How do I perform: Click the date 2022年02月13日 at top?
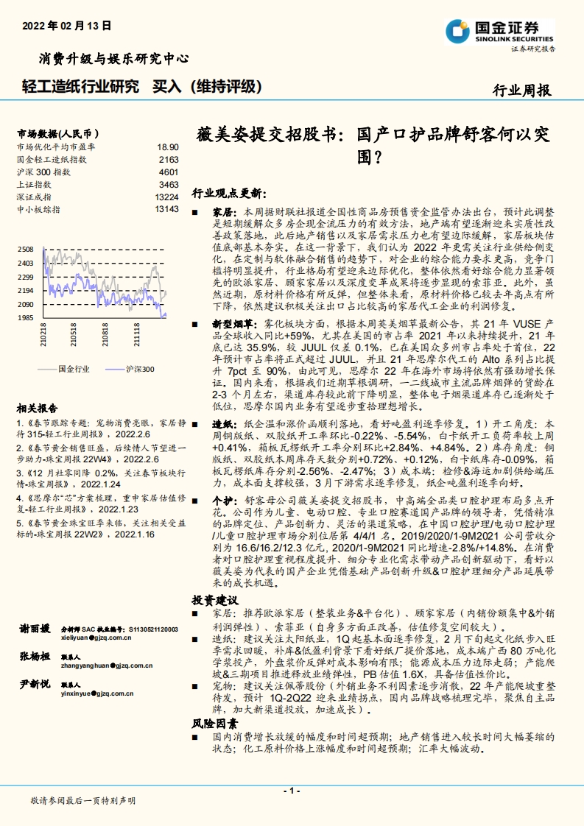(x=67, y=25)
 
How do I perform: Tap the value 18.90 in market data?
(x=168, y=147)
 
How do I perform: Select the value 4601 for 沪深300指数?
(x=169, y=172)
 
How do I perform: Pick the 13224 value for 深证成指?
(x=166, y=197)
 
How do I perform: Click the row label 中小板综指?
(x=39, y=209)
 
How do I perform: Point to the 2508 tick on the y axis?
(x=26, y=250)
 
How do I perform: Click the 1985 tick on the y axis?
(x=26, y=317)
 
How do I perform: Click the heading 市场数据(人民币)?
(x=57, y=134)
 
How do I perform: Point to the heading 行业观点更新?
(x=226, y=193)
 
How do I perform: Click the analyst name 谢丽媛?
(x=35, y=628)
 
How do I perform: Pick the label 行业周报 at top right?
(x=521, y=91)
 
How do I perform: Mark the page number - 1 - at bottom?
(x=292, y=791)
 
